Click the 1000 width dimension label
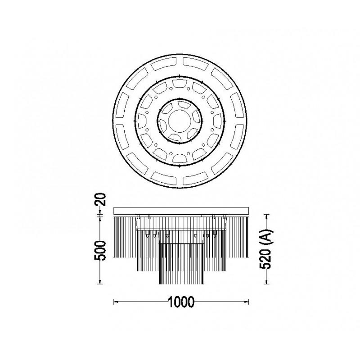pyautogui.click(x=181, y=301)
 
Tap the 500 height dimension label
pyautogui.click(x=100, y=251)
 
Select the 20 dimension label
pyautogui.click(x=100, y=199)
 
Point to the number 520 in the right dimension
pyautogui.click(x=265, y=259)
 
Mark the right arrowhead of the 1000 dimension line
pyautogui.click(x=247, y=301)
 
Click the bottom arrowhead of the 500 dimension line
pyautogui.click(x=100, y=282)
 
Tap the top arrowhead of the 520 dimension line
pyautogui.click(x=266, y=217)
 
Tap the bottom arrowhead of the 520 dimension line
pyautogui.click(x=266, y=282)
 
